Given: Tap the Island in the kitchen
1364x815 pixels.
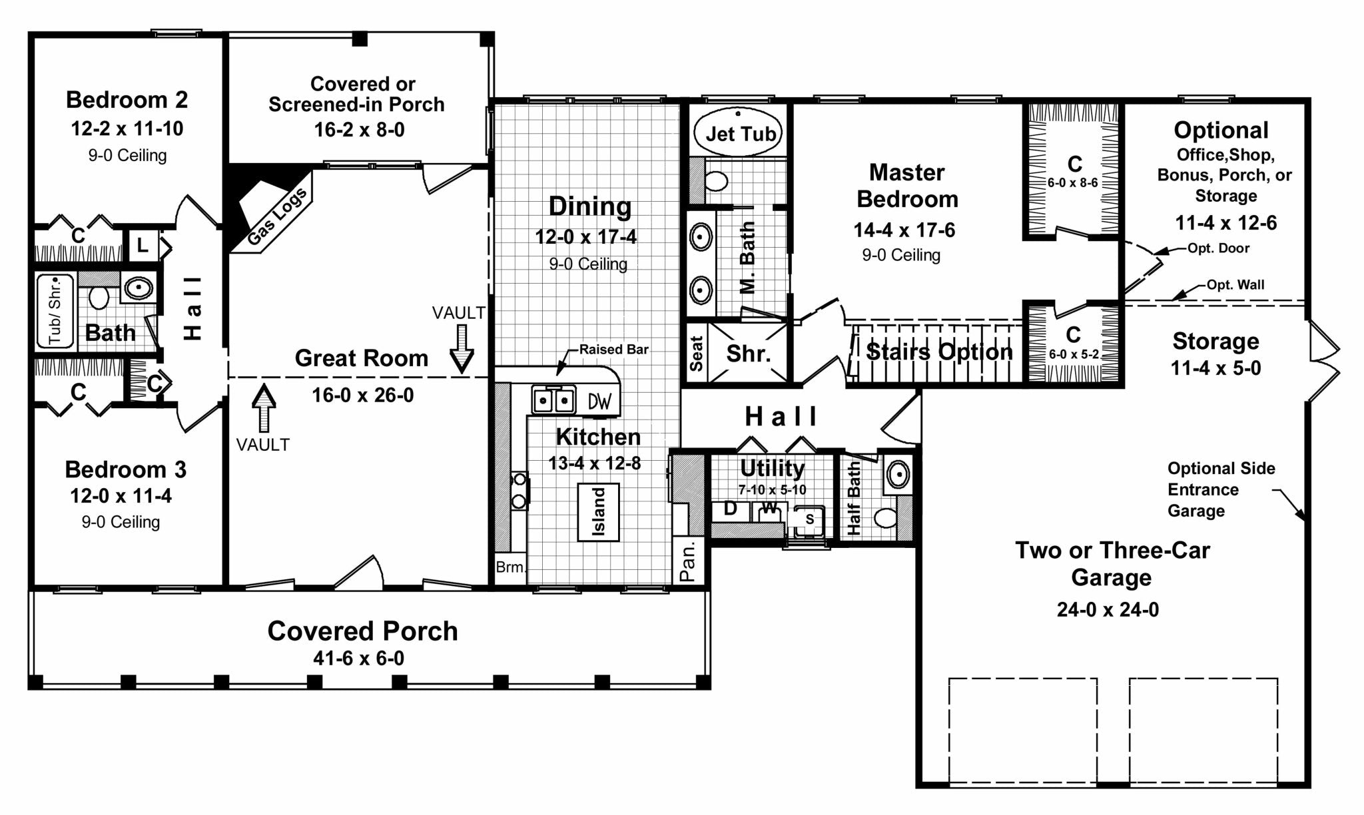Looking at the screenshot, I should coord(598,512).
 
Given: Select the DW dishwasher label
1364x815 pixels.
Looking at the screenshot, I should coord(599,401).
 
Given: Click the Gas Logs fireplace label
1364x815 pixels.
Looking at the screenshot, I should coord(277,216).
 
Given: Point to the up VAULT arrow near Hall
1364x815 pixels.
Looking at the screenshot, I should coord(264,408).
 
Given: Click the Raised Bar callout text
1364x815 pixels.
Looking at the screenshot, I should coord(613,349).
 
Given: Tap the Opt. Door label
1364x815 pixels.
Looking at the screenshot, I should coord(1218,248).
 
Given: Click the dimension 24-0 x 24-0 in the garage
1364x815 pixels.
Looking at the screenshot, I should coord(1108,609).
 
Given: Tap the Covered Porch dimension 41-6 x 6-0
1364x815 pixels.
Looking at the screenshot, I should coord(359,658).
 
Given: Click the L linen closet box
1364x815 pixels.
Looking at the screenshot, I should coord(142,246).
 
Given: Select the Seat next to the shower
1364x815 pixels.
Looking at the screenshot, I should coord(696,353).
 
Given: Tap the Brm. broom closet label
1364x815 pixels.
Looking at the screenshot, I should coord(510,567).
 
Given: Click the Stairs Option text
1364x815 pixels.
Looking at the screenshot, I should coord(939,352).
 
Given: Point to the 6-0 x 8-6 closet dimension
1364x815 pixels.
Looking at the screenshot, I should coord(1072,182).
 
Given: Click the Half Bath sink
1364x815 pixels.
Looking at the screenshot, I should coord(898,475).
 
